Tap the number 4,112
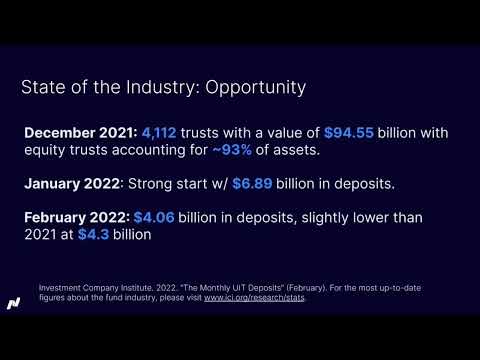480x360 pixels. click(x=164, y=131)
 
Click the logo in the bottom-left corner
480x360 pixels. click(x=14, y=301)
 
